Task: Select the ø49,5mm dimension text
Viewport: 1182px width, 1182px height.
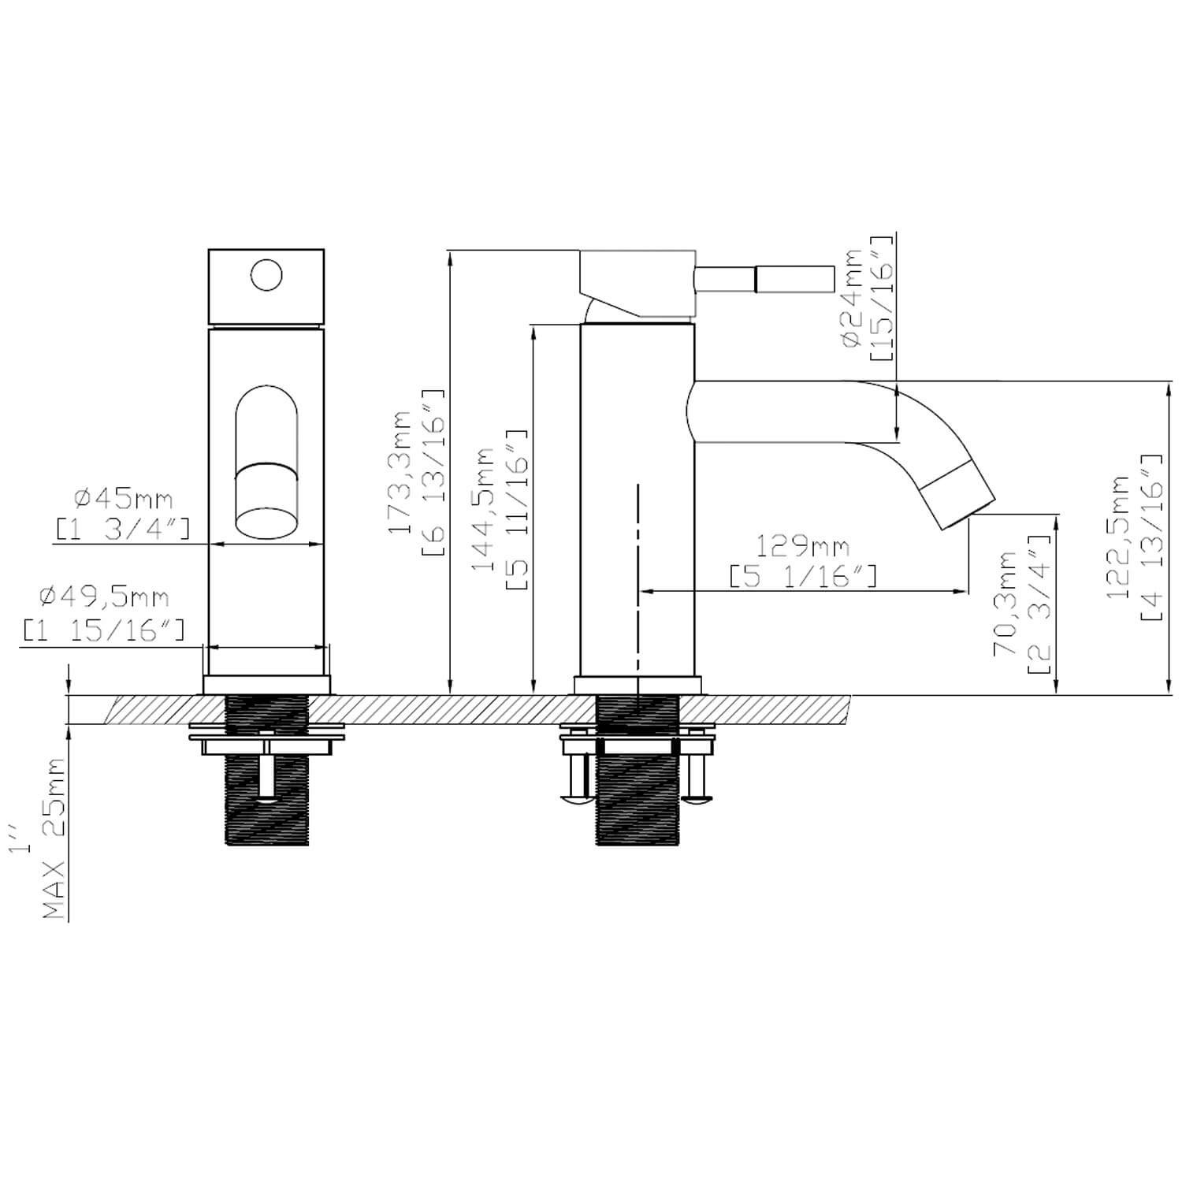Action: click(104, 597)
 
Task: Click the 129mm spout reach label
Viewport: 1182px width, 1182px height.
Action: click(803, 545)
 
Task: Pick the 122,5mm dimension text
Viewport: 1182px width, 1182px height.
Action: click(1119, 537)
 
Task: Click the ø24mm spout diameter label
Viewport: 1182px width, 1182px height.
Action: click(853, 298)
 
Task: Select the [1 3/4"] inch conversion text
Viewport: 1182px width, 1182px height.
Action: click(122, 530)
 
